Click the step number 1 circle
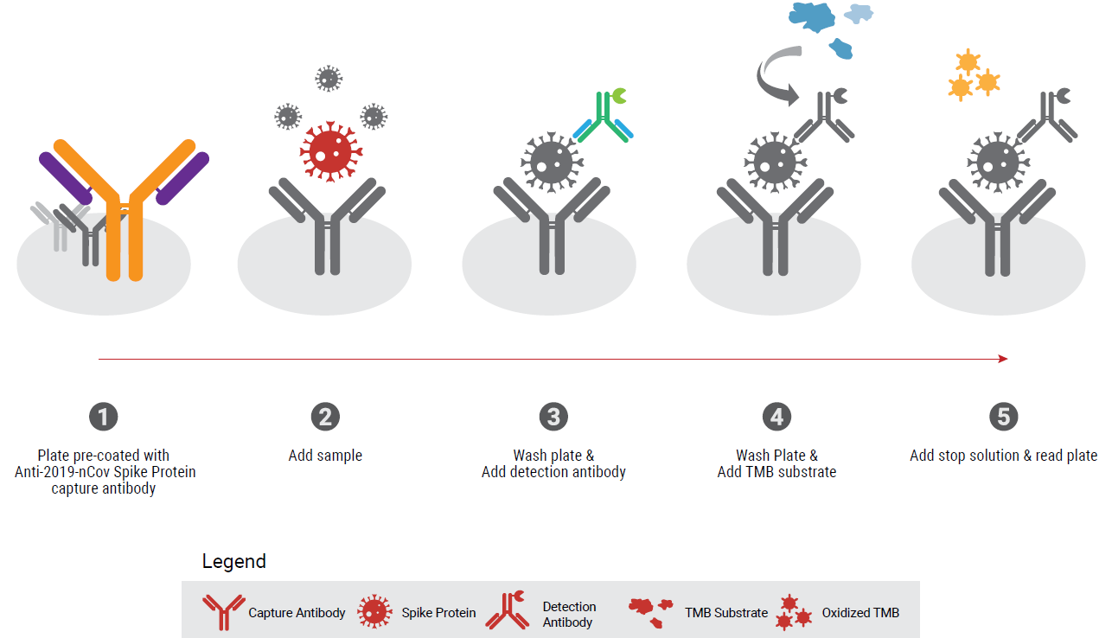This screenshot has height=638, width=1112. click(x=103, y=417)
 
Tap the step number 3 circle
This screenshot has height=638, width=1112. click(x=553, y=417)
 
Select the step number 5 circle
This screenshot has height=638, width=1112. click(x=1003, y=417)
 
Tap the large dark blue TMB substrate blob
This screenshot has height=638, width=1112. click(x=811, y=16)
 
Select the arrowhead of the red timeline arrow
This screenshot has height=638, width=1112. click(x=1003, y=359)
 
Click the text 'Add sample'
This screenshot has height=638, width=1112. click(x=325, y=456)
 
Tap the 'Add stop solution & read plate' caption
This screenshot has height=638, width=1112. click(x=1003, y=456)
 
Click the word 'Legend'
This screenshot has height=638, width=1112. click(x=233, y=561)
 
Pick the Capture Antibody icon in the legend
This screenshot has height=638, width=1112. click(x=222, y=612)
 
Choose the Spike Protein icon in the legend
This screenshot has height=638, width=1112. click(x=375, y=612)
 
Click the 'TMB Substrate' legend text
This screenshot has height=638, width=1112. click(x=726, y=613)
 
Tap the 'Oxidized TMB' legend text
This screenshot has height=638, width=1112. click(x=860, y=613)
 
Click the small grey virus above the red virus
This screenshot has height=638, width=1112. click(x=328, y=79)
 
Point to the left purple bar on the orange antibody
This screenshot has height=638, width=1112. click(x=64, y=174)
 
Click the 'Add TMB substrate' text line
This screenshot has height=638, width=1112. click(x=776, y=472)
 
